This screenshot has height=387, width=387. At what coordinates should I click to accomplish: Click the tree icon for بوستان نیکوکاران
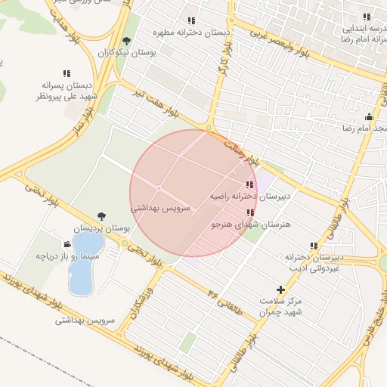pyautogui.click(x=126, y=42)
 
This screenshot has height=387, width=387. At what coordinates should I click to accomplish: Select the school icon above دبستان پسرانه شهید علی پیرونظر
pyautogui.click(x=67, y=74)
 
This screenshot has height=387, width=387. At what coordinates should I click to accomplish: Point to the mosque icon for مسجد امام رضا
pyautogui.click(x=369, y=117)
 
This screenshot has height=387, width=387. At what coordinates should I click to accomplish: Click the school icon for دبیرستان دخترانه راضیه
pyautogui.click(x=249, y=185)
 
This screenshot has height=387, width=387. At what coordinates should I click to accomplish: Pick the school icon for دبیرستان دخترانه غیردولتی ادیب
pyautogui.click(x=314, y=246)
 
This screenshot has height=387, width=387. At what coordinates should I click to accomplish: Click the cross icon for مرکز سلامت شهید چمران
pyautogui.click(x=280, y=289)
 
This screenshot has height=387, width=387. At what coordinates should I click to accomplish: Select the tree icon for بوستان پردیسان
pyautogui.click(x=101, y=217)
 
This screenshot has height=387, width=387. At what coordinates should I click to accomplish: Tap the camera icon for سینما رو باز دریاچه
pyautogui.click(x=67, y=244)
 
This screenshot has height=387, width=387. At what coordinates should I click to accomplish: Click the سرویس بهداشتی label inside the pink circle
pyautogui.click(x=160, y=207)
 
